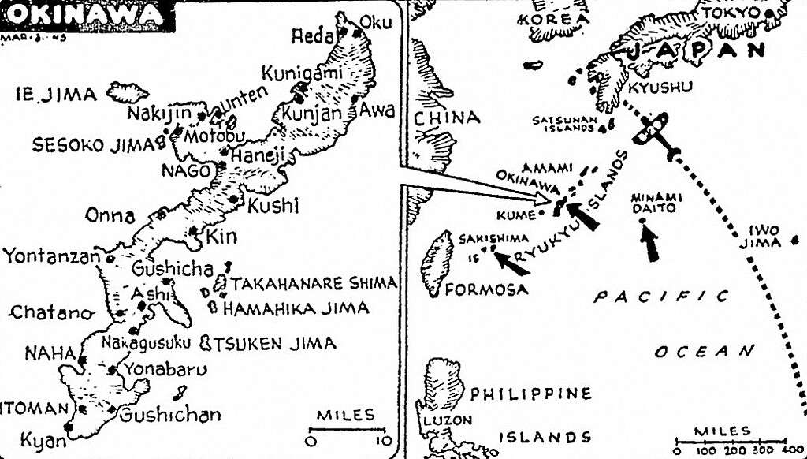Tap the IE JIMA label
[56, 95]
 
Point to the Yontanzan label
[51, 256]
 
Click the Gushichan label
[169, 414]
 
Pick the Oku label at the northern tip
[375, 23]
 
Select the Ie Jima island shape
[127, 92]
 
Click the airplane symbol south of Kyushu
[655, 129]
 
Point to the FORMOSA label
[486, 289]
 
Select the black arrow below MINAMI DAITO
[649, 241]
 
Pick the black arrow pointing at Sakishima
[512, 263]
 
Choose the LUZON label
[449, 420]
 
